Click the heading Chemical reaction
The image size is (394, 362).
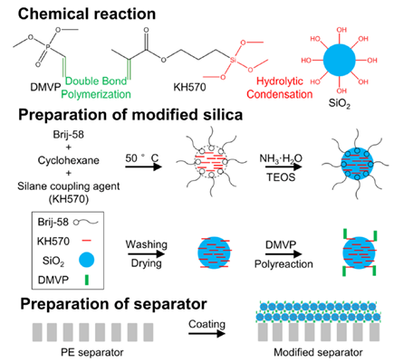pos(87,14)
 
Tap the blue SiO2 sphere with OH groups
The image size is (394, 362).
pos(340,60)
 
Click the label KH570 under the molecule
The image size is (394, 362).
pos(189,87)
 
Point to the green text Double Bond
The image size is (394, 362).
pos(96,81)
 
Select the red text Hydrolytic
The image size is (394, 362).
pos(280,81)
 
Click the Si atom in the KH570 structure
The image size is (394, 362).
pos(233,60)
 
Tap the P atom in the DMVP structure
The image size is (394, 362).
pos(47,47)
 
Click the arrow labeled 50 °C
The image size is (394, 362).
pos(144,167)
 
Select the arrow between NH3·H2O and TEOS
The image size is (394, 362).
pos(283,167)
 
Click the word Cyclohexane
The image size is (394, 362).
pos(69,160)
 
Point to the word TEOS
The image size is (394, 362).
pos(281,177)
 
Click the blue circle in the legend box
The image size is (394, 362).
pos(86,260)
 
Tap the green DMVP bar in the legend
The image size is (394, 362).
pos(87,280)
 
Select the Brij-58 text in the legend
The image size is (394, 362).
pos(53,223)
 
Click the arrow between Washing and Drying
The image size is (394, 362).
pos(146,253)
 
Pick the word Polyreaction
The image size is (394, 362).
pos(283,264)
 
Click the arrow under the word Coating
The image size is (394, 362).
pos(207,334)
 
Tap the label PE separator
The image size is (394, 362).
pos(92,352)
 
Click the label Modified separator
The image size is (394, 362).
pos(318,352)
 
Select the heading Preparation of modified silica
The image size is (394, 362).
pos(130,115)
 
